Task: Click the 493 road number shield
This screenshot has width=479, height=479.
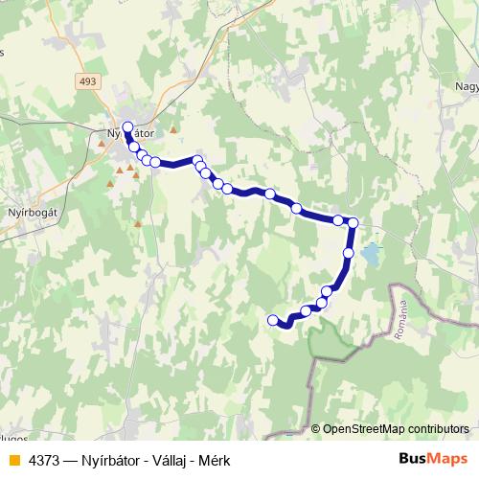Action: [88, 81]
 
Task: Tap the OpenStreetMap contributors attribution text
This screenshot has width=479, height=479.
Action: [396, 428]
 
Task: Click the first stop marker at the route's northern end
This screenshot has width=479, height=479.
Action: [127, 125]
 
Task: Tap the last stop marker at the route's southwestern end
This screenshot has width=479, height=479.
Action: [273, 320]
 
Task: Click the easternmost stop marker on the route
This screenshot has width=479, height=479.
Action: [353, 223]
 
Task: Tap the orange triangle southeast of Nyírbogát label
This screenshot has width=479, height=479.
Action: [138, 225]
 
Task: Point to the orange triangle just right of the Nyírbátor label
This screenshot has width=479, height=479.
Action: [173, 131]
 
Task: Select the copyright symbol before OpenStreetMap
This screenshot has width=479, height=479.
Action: [316, 428]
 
